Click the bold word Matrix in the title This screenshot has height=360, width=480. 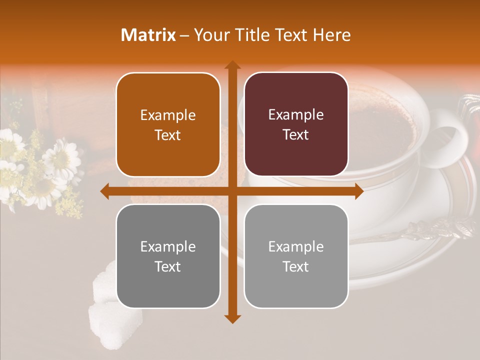coord(148,35)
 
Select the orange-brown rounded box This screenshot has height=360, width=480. coord(168,125)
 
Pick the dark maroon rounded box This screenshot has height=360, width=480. coord(296,124)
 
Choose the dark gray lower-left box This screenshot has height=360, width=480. coord(168,256)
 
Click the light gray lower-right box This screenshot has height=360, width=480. coord(296,256)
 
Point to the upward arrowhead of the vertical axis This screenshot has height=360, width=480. coord(232,65)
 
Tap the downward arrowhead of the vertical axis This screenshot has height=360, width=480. coord(232,318)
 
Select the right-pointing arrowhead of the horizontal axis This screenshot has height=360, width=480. coord(358,191)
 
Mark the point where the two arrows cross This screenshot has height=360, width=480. coord(232,191)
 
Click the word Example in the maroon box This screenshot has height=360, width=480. coord(296,115)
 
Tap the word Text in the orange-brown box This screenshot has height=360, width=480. coord(168,135)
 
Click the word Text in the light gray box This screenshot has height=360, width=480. coord(296,267)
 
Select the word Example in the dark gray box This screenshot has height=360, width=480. coord(168,246)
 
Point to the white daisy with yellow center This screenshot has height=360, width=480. coord(61,159)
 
